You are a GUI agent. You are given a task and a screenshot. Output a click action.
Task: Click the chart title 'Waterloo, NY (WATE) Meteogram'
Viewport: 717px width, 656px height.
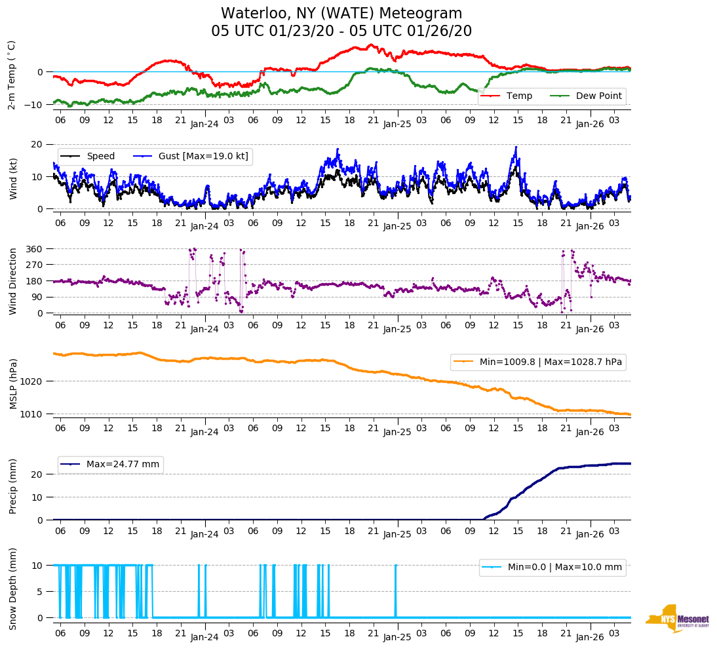341,14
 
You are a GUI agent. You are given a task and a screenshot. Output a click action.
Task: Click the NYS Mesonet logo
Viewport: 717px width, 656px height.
677,618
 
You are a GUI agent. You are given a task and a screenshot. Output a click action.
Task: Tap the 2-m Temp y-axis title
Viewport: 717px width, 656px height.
12,75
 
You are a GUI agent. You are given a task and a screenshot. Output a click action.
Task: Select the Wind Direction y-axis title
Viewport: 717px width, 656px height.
13,281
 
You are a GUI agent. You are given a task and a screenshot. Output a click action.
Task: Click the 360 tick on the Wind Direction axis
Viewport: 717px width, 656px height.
35,249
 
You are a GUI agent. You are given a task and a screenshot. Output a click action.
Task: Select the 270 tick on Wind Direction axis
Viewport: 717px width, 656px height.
35,265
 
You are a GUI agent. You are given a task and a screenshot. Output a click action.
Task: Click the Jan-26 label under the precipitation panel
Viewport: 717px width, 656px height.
589,535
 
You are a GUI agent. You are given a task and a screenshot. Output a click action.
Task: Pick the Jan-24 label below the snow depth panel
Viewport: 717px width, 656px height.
204,637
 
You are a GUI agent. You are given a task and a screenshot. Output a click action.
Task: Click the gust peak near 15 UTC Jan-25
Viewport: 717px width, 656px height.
516,147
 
